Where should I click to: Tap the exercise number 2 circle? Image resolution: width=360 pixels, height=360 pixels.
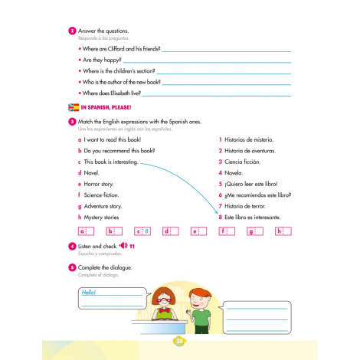pos(72,31)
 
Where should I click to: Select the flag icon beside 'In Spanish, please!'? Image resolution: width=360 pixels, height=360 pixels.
pos(74,107)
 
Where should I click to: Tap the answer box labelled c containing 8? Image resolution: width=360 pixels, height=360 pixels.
pos(142,231)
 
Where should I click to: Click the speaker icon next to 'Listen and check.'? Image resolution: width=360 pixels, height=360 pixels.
pos(123,245)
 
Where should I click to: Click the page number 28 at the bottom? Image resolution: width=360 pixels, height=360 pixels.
pos(180,342)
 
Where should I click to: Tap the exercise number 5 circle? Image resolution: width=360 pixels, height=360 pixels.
pos(72,267)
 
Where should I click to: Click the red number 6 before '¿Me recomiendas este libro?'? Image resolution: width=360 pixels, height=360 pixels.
pos(220,195)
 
